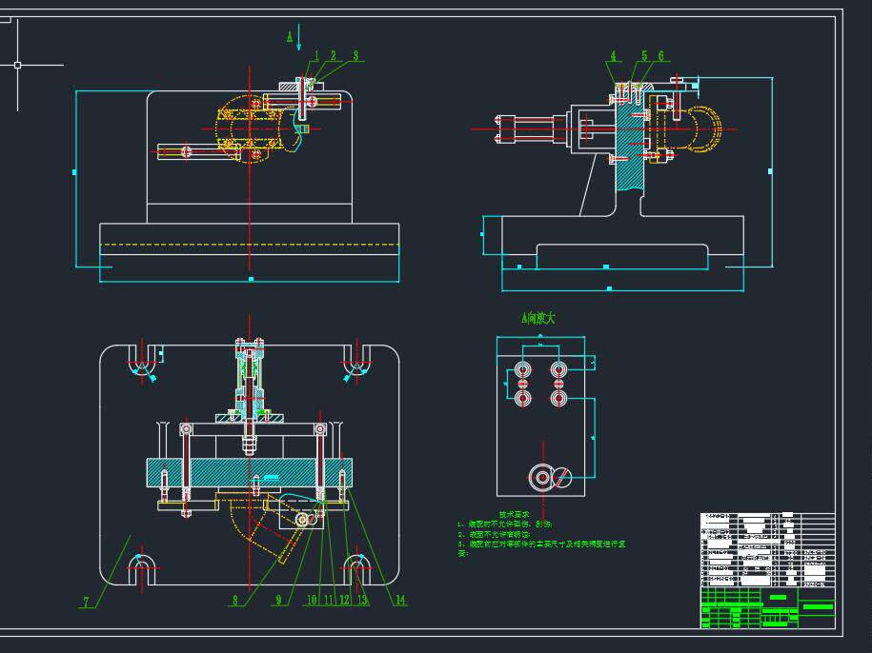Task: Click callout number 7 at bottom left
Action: click(86, 602)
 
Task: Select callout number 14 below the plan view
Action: click(401, 600)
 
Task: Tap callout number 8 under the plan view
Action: click(234, 601)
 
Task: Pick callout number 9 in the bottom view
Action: click(279, 601)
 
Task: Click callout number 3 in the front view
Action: click(356, 56)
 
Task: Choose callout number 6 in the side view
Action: click(660, 56)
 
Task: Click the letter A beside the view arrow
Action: click(290, 37)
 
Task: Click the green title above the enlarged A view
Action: click(537, 319)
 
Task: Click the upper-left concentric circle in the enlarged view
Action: click(522, 368)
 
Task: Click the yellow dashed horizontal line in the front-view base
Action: click(249, 245)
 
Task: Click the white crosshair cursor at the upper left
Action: click(16, 65)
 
